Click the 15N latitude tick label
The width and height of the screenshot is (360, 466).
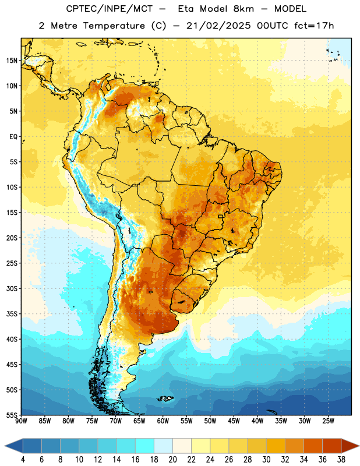[12, 61]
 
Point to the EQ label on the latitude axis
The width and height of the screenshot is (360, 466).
[13, 137]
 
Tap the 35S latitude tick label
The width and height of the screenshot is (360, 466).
[12, 314]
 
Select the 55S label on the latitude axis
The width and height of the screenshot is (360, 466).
[12, 415]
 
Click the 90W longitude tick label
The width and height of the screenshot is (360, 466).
[21, 421]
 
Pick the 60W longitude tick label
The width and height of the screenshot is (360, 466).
[163, 421]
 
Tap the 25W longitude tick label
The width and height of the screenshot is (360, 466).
[328, 421]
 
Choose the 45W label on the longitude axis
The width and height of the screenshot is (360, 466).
[234, 421]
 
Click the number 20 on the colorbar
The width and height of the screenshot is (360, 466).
[172, 460]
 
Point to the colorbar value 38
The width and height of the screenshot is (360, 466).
[341, 460]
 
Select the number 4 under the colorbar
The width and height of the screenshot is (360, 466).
[23, 460]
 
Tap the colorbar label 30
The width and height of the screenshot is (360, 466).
[266, 460]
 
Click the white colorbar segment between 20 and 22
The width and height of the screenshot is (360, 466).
[182, 446]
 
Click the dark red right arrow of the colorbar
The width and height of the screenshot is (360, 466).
[350, 446]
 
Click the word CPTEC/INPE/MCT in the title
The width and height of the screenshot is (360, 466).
[109, 9]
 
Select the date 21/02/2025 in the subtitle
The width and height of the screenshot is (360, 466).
[219, 26]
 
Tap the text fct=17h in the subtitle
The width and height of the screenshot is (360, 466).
[314, 26]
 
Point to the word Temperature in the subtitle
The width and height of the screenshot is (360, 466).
[114, 26]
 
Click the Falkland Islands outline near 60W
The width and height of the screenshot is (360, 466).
[165, 398]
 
